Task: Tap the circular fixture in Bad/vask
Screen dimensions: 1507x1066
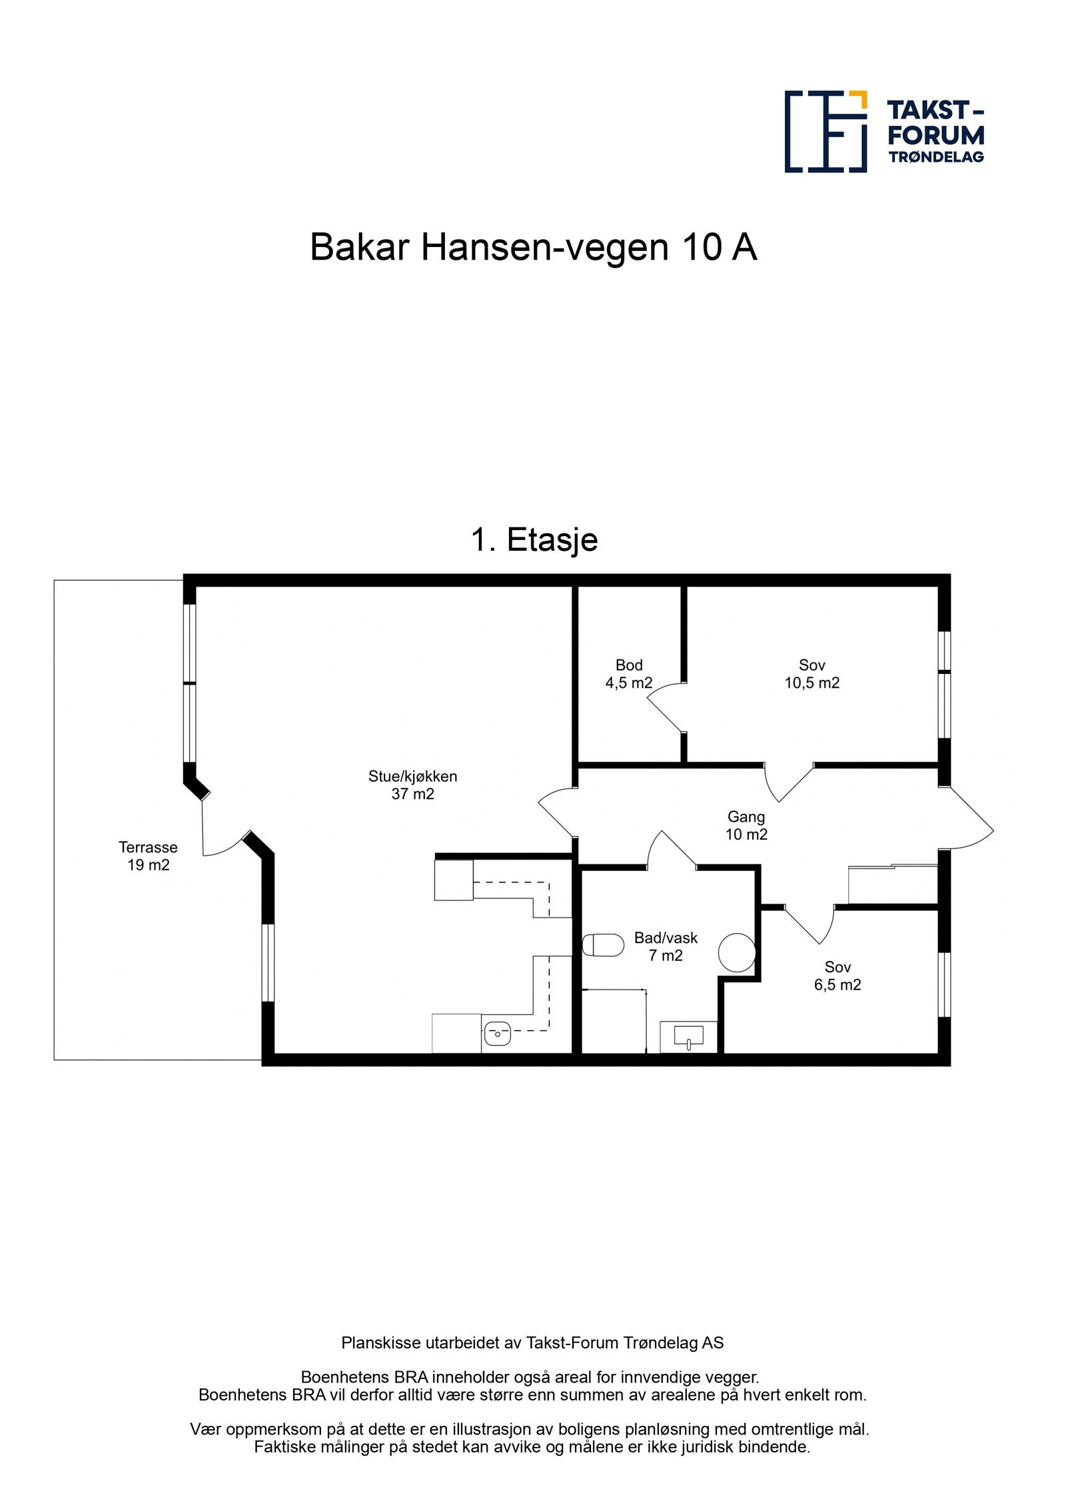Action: pos(737,952)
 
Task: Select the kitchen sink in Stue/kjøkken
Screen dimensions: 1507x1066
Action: pos(497,1034)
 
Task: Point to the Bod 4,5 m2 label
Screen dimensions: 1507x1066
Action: pos(628,674)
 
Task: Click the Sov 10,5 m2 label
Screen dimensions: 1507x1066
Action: pos(811,674)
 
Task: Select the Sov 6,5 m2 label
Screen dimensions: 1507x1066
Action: pos(837,976)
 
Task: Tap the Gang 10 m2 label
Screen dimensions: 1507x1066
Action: pos(746,825)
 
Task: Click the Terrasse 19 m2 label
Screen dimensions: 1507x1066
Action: pos(148,856)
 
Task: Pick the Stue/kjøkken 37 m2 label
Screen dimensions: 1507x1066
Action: pos(412,784)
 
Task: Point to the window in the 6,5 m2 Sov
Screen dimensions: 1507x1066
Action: pos(944,984)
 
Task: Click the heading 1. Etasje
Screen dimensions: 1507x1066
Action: pos(534,539)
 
